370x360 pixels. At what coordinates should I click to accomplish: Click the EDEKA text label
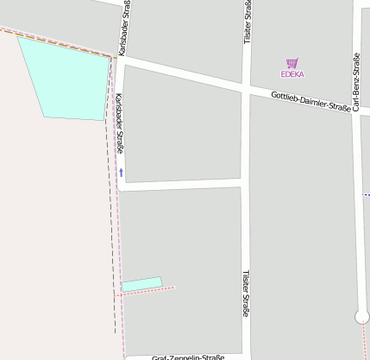click(x=292, y=74)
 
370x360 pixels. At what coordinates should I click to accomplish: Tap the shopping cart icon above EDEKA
click(x=292, y=63)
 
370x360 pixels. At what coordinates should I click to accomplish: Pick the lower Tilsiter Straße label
click(x=246, y=294)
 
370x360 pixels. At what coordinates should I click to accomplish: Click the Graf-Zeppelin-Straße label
click(x=188, y=357)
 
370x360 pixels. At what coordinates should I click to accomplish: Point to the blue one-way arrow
click(x=121, y=173)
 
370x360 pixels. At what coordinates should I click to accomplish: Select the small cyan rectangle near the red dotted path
click(x=141, y=283)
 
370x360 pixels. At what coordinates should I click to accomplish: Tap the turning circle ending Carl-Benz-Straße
click(x=361, y=317)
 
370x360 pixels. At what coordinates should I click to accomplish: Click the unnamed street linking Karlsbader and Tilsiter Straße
click(x=181, y=184)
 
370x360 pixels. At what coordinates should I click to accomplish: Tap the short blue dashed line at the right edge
click(x=366, y=195)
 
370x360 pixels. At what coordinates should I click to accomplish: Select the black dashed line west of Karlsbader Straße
click(x=112, y=216)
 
